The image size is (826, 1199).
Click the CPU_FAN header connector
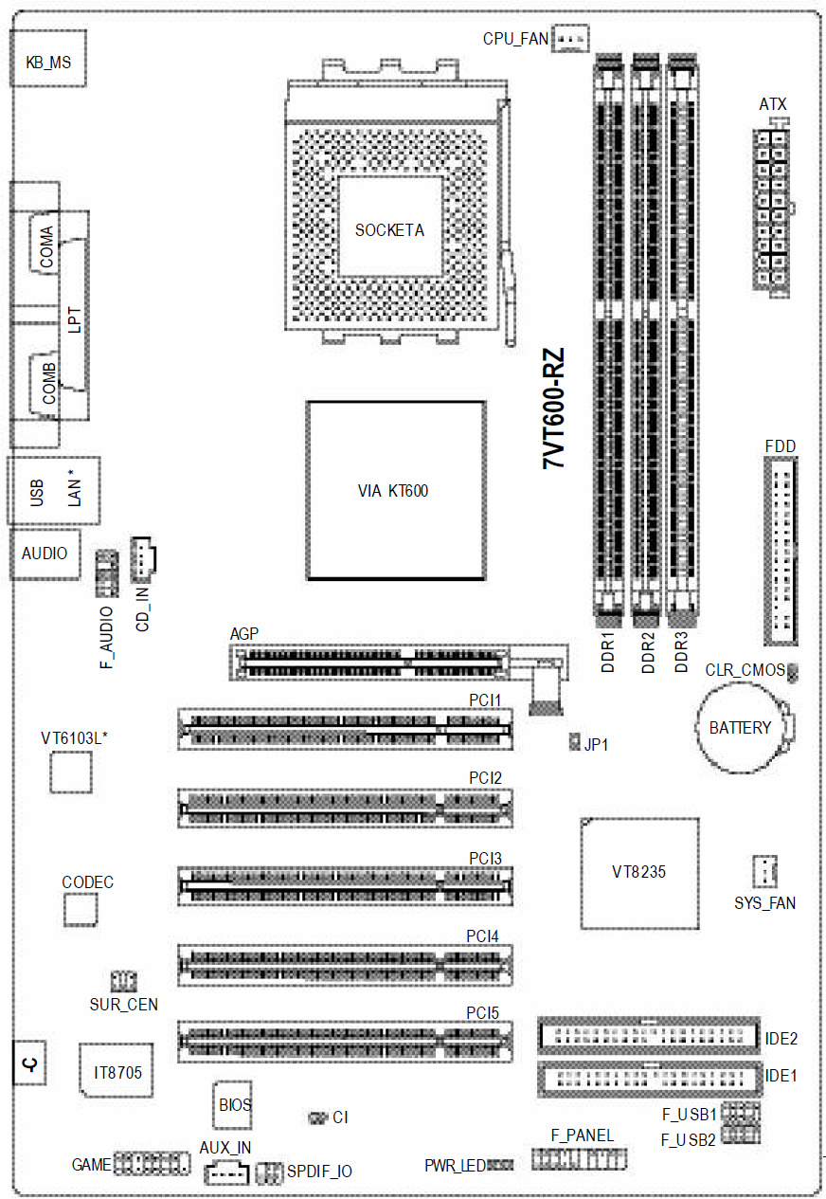(x=569, y=39)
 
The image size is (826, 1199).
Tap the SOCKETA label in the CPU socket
(x=389, y=230)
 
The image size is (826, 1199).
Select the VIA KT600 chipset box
(x=396, y=490)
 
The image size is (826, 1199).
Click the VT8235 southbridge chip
(x=639, y=873)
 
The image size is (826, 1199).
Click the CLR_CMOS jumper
(x=792, y=672)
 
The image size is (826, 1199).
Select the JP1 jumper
(x=574, y=742)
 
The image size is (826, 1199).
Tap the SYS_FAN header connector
(x=764, y=871)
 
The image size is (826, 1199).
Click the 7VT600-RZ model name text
(x=554, y=409)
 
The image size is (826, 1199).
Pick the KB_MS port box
(x=48, y=59)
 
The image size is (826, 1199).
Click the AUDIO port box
(x=45, y=554)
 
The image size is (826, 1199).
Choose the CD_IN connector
(x=142, y=559)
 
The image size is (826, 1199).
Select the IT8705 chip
(x=117, y=1070)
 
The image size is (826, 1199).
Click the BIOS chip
(x=233, y=1104)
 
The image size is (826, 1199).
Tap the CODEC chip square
(x=81, y=910)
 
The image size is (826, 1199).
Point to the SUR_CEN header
(x=123, y=981)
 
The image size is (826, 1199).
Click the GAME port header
(x=152, y=1163)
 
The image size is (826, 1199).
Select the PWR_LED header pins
(x=499, y=1165)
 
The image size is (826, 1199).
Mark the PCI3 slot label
(x=485, y=858)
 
